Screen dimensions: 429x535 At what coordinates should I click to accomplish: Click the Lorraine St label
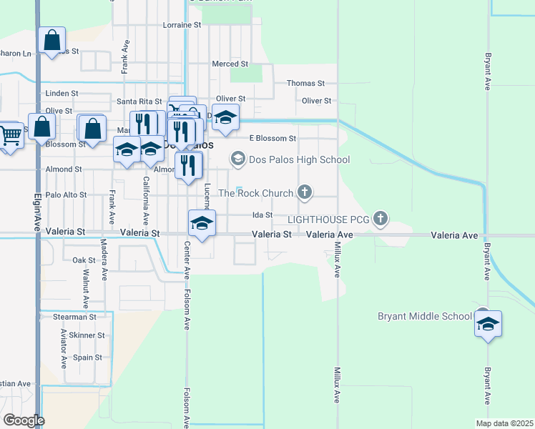pos(182,25)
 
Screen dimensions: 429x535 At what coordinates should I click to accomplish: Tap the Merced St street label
pos(230,64)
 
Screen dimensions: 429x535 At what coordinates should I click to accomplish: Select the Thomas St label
pos(305,84)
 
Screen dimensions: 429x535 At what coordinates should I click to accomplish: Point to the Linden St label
pos(62,94)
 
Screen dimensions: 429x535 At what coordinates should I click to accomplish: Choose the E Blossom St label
pos(272,138)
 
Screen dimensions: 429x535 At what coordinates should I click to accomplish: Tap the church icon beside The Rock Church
pos(305,192)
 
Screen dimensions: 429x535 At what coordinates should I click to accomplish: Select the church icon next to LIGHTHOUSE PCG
pos(381,219)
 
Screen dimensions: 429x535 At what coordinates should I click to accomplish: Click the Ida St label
pos(262,214)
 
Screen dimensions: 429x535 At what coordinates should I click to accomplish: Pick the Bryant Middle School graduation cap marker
pos(489,323)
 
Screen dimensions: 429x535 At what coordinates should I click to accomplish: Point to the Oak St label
pos(84,260)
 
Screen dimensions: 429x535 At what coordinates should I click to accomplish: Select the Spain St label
pos(87,357)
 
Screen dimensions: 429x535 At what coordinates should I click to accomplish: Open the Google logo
pos(24,420)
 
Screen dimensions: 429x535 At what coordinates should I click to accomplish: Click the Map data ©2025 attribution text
pos(504,423)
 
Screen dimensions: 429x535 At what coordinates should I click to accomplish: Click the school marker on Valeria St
pos(202,225)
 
